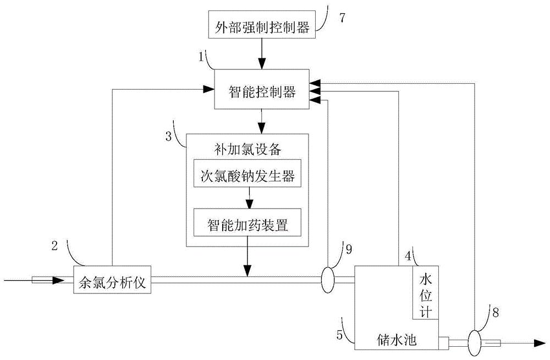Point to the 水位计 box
(425, 293)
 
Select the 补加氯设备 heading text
(246, 147)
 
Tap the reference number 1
(202, 56)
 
